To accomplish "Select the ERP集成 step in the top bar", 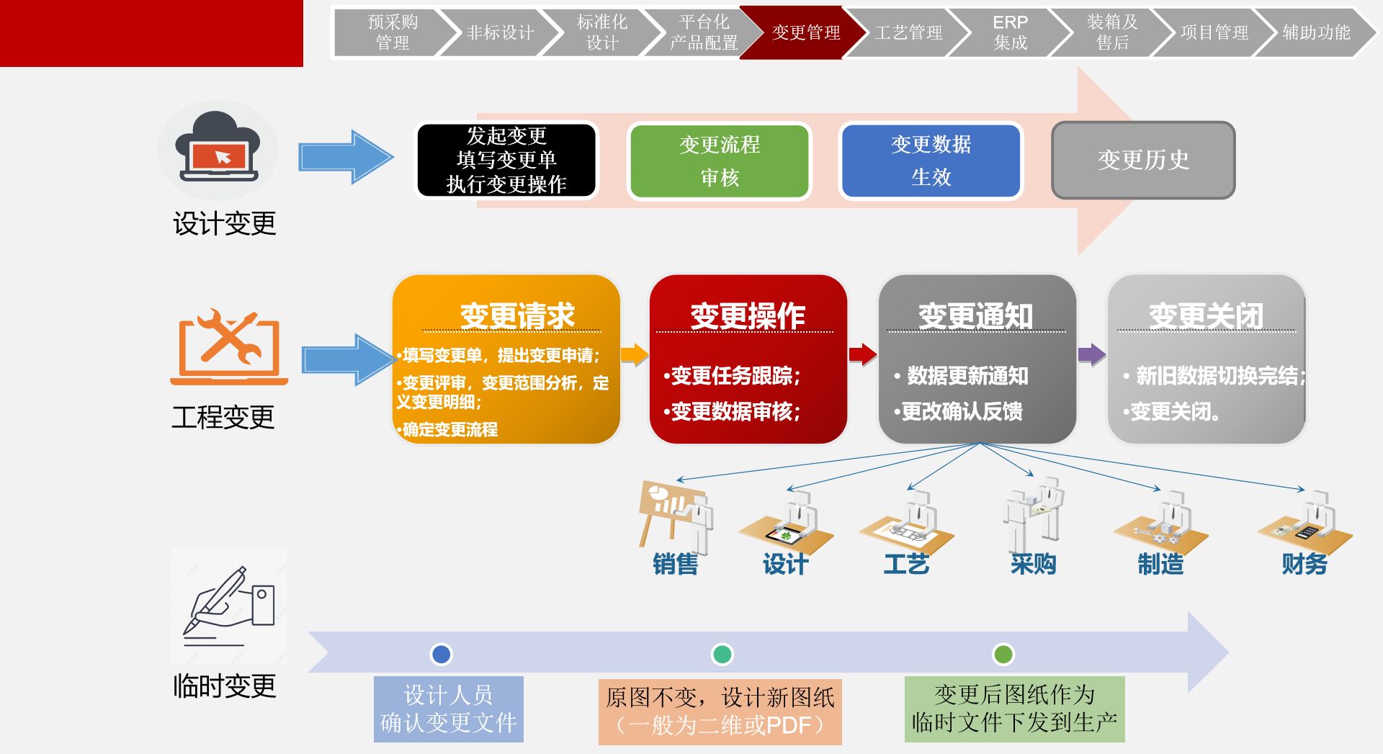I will pyautogui.click(x=1010, y=32).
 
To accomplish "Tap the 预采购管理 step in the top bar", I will pyautogui.click(x=393, y=32).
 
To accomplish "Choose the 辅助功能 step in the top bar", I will pyautogui.click(x=1315, y=32).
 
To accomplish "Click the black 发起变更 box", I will pyautogui.click(x=506, y=160).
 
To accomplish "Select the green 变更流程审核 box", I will pyautogui.click(x=720, y=161).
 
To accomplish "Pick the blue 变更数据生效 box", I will pyautogui.click(x=931, y=161).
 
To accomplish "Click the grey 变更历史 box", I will pyautogui.click(x=1143, y=160).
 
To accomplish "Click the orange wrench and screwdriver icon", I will pyautogui.click(x=229, y=347).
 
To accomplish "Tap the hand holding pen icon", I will pyautogui.click(x=229, y=606).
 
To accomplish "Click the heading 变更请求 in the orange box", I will pyautogui.click(x=516, y=316).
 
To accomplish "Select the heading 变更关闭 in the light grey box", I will pyautogui.click(x=1206, y=316).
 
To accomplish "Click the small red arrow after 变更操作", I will pyautogui.click(x=862, y=354).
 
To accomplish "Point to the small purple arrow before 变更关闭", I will pyautogui.click(x=1091, y=354).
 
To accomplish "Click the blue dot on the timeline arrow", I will pyautogui.click(x=441, y=654).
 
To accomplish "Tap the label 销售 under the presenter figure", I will pyautogui.click(x=675, y=564).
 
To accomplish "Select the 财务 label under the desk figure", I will pyautogui.click(x=1304, y=564).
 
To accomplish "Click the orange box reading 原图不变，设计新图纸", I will pyautogui.click(x=720, y=711).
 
